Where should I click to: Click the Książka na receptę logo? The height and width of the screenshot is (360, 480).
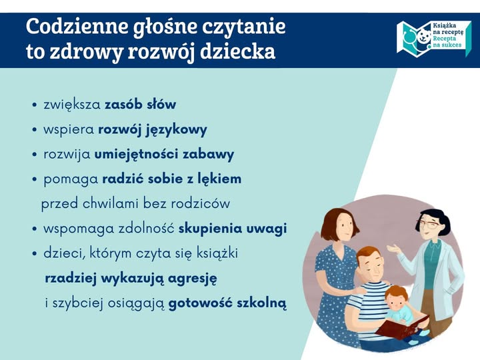433,39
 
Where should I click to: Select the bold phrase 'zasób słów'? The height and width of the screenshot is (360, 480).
140,105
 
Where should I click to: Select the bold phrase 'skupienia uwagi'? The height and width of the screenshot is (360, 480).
232,229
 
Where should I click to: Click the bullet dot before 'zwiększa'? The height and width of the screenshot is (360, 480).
34,105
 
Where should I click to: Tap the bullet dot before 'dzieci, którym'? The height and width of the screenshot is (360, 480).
34,254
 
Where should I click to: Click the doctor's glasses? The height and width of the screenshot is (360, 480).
430,225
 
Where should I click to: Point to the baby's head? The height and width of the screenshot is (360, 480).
397,294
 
